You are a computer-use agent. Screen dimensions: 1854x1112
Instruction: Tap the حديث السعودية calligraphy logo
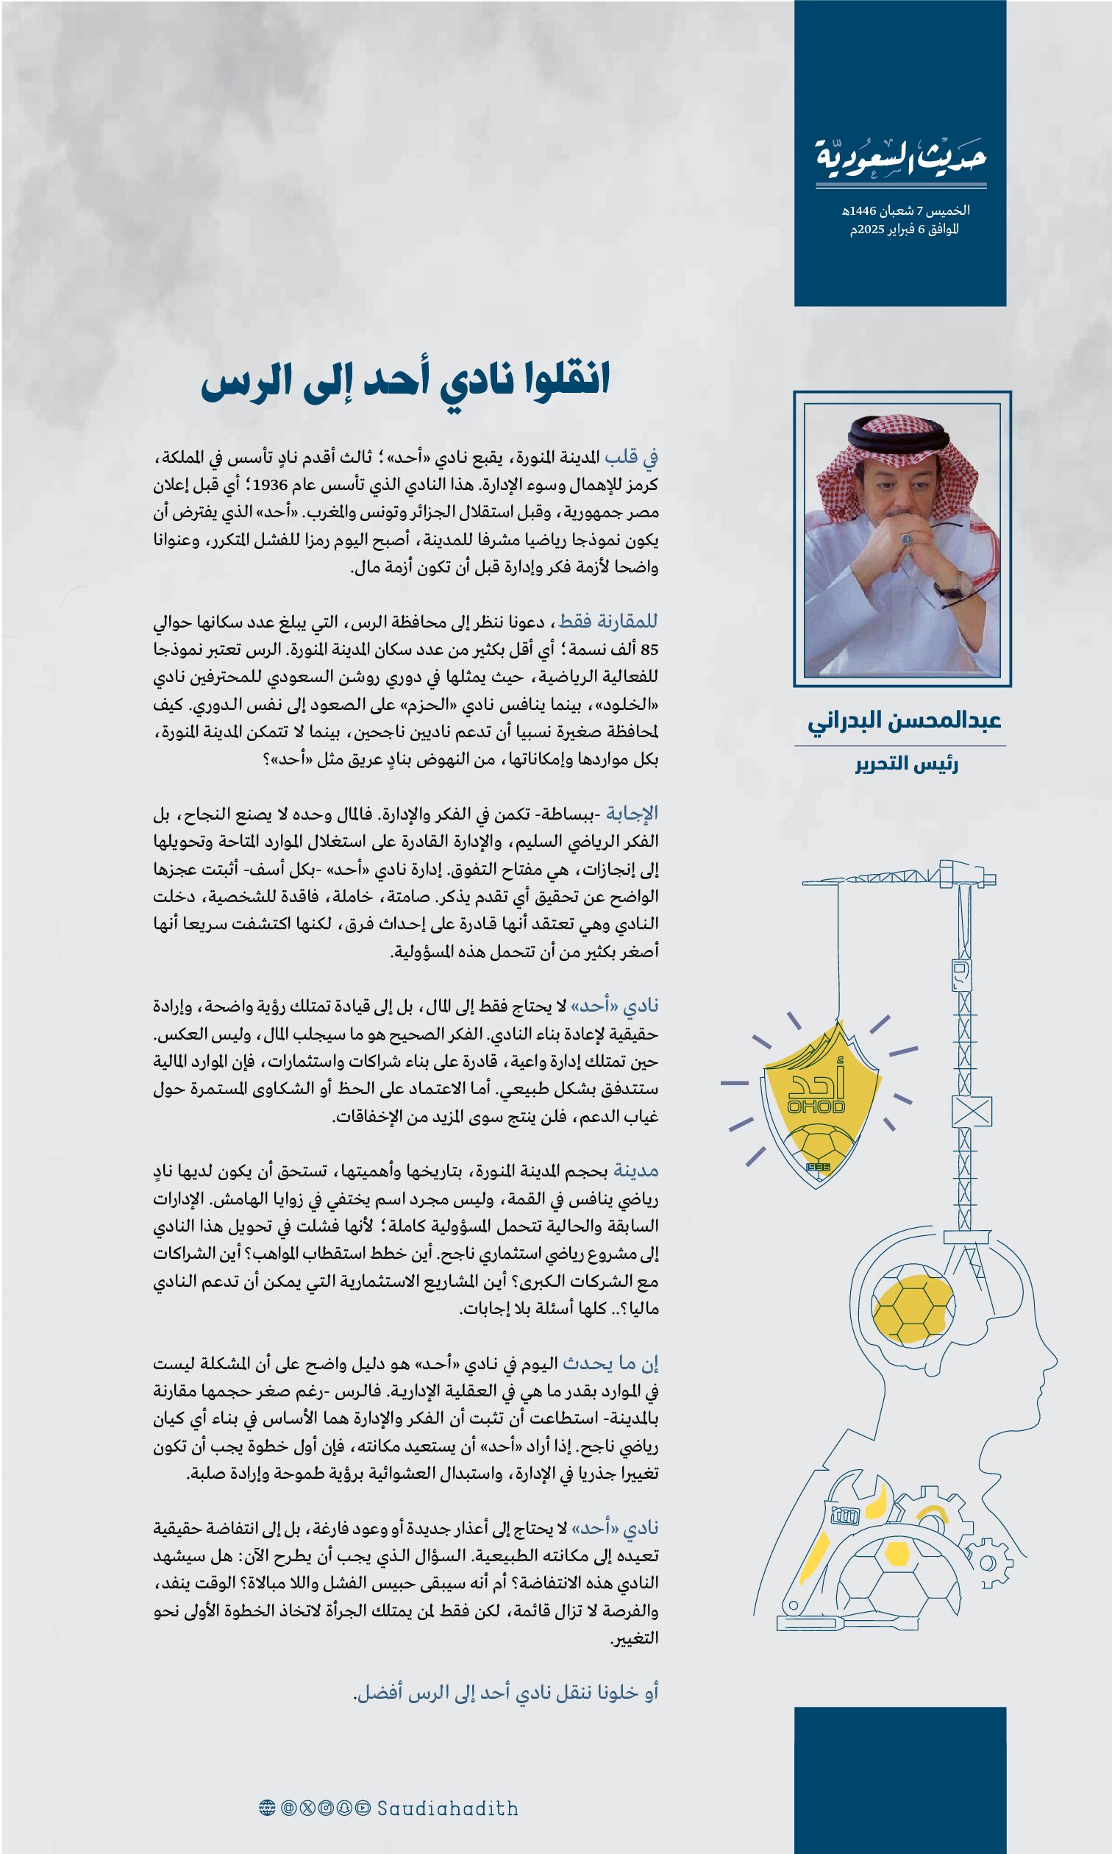click(901, 158)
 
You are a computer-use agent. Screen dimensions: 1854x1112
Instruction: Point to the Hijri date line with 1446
click(905, 210)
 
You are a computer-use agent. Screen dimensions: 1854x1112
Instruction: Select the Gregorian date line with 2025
click(905, 230)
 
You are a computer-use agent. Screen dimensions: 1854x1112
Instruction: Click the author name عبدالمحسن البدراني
click(904, 721)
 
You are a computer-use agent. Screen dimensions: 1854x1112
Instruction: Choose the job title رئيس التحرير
click(907, 764)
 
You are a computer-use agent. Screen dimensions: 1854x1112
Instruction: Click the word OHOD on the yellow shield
click(816, 1107)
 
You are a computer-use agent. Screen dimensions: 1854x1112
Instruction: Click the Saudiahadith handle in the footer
click(447, 1808)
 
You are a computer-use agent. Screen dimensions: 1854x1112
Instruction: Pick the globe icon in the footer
click(267, 1808)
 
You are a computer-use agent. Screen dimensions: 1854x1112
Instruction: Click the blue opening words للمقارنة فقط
click(607, 621)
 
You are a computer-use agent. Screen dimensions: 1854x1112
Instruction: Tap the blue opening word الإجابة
click(632, 813)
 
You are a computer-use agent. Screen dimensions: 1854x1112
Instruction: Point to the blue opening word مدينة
click(635, 1171)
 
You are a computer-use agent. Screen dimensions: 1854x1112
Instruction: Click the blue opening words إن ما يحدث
click(610, 1364)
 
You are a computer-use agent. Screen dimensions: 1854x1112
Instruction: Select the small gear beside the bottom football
click(988, 1563)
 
